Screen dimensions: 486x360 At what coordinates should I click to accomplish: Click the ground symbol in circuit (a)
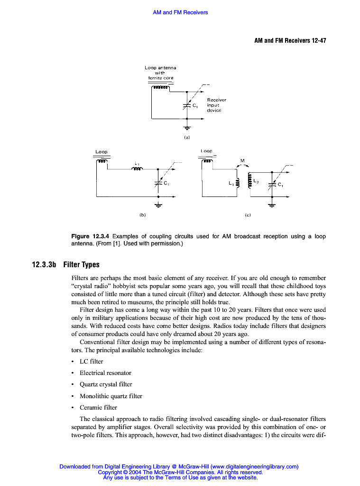click(x=187, y=127)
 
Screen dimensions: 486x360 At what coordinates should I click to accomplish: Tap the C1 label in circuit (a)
click(x=195, y=106)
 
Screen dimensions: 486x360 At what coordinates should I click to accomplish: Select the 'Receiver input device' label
click(x=216, y=105)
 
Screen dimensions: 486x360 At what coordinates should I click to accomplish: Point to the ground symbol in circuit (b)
click(x=158, y=205)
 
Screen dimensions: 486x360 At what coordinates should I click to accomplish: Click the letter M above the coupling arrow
click(x=242, y=160)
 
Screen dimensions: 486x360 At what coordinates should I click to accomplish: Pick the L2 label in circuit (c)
click(x=256, y=181)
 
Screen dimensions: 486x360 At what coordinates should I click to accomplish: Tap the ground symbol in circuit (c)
click(x=272, y=205)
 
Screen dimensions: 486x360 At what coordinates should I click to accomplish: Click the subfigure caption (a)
click(x=187, y=137)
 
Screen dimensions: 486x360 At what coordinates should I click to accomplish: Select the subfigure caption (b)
click(x=142, y=215)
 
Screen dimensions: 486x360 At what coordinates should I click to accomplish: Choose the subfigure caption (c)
click(x=248, y=215)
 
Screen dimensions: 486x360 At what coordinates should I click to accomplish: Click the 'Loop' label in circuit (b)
click(x=101, y=152)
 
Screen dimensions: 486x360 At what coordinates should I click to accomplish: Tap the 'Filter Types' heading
click(x=81, y=265)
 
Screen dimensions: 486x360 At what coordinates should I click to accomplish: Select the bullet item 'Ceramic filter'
click(x=98, y=407)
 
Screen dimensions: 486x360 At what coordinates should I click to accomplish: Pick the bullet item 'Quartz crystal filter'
click(x=106, y=384)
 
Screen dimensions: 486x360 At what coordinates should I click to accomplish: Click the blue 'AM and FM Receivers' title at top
click(x=180, y=12)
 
